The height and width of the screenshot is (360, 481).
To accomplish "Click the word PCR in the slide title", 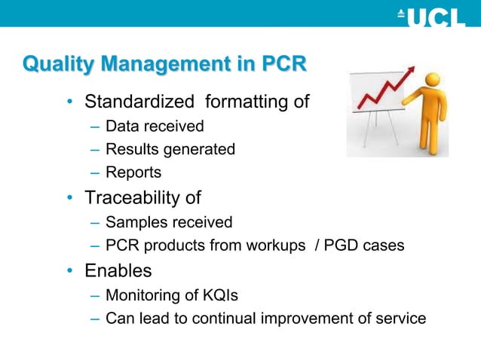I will pos(283,66).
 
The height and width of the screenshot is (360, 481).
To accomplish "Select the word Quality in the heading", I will pos(57,66).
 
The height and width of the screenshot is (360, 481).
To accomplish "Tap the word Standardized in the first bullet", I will pos(139,101).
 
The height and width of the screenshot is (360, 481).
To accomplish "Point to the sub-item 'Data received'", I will pos(155,126).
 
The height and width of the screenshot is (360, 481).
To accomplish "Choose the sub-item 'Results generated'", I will pos(170,149).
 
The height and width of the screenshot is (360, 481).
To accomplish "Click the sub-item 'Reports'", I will pos(133,173).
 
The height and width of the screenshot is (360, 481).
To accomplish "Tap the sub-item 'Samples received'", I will pos(168,222).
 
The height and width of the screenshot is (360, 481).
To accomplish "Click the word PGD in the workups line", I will pos(341,246).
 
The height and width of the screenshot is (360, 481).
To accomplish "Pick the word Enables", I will pos(118,270).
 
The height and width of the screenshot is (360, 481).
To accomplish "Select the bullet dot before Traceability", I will pos(69,199).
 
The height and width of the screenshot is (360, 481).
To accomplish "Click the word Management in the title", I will pos(162,66).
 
